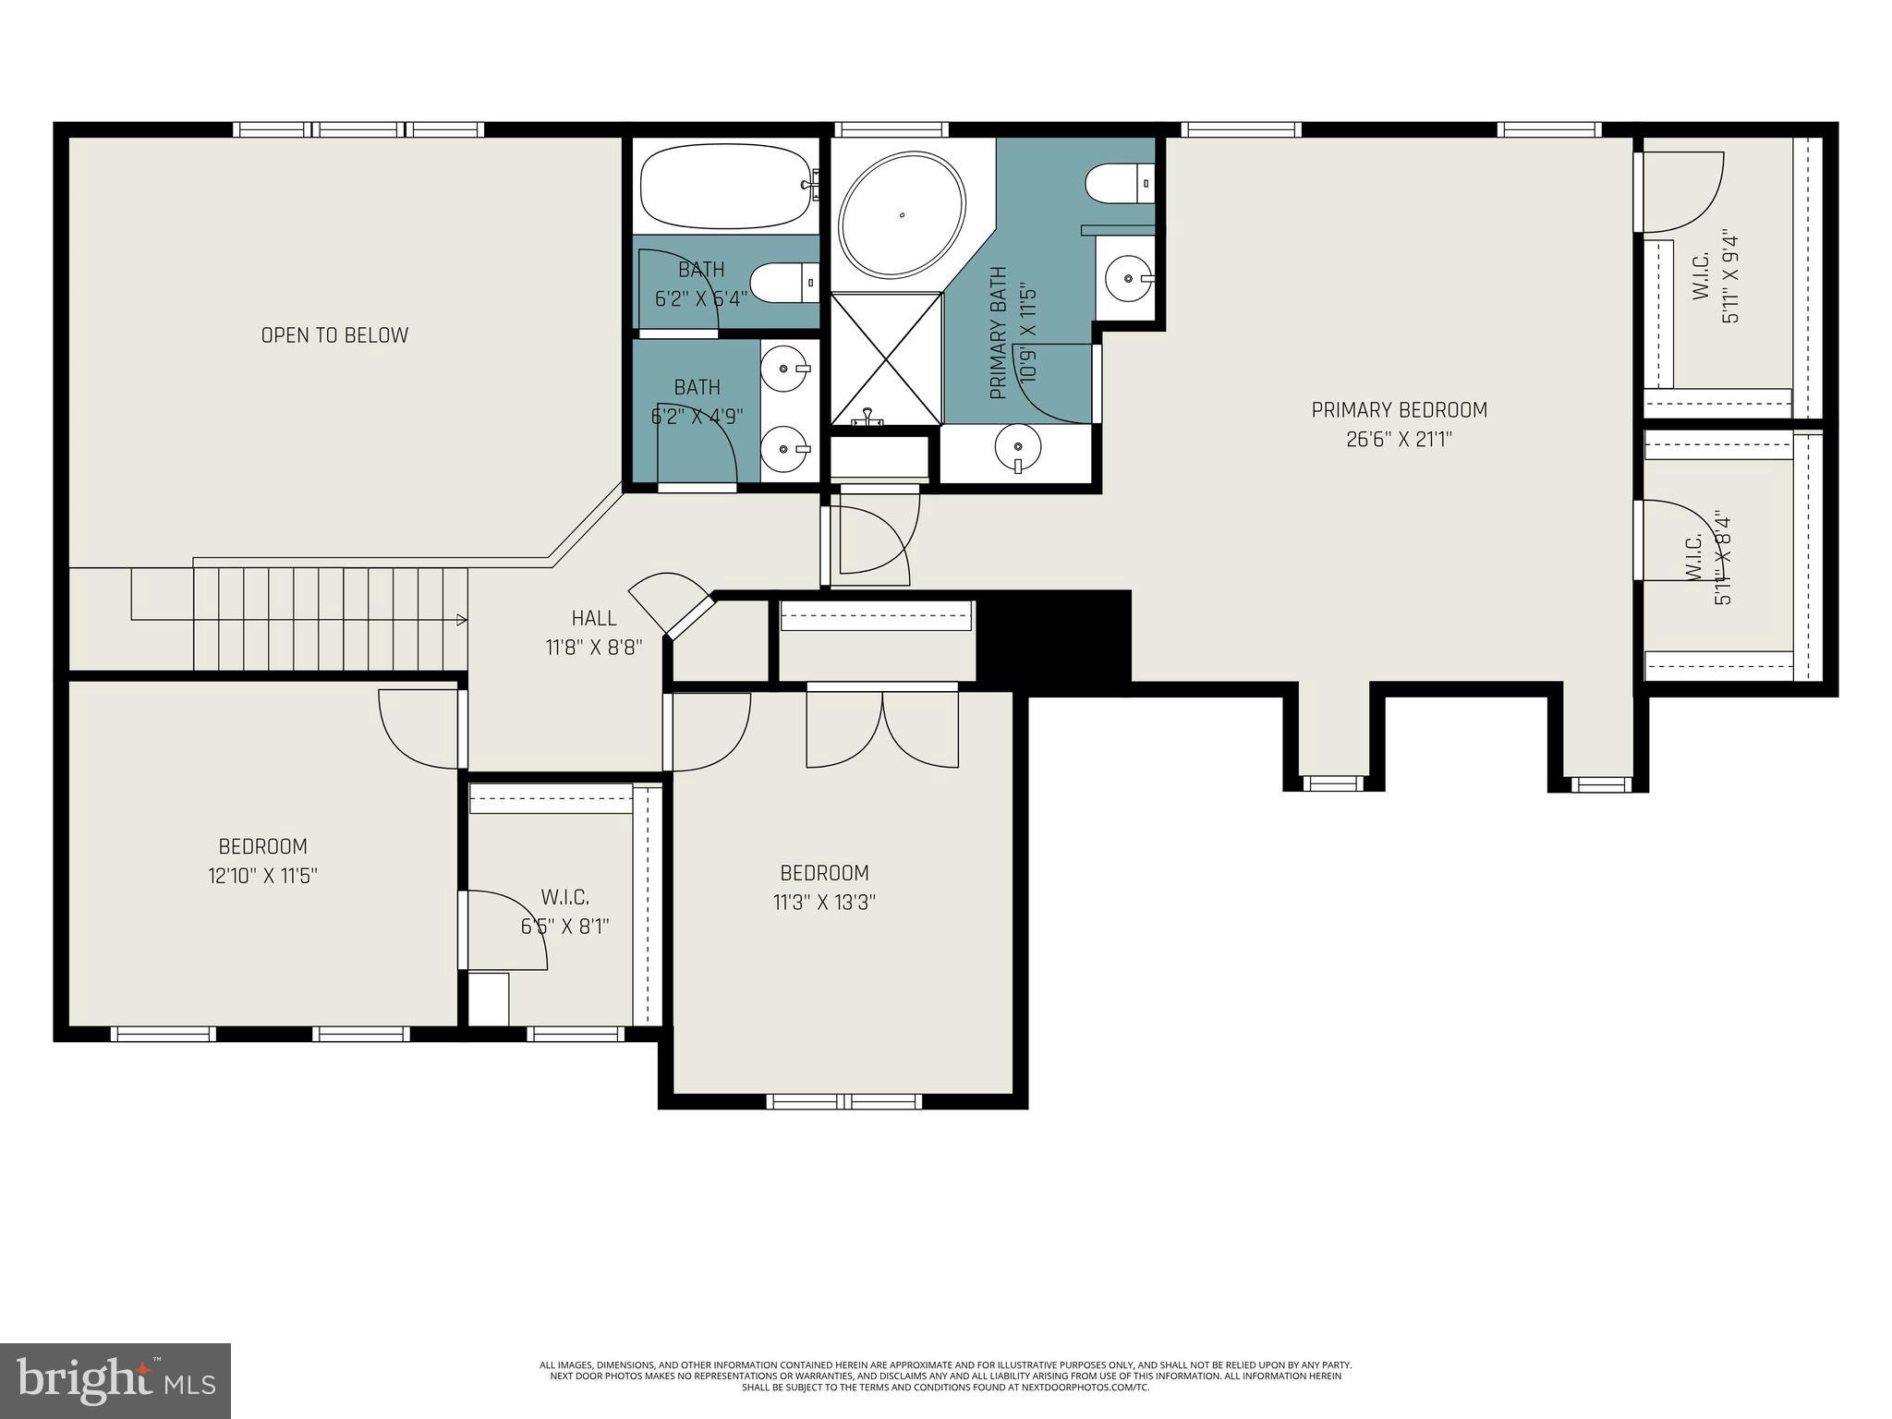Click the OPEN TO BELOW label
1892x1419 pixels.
pyautogui.click(x=334, y=335)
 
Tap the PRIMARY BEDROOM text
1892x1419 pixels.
pyautogui.click(x=1399, y=409)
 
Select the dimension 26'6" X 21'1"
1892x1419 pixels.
pyautogui.click(x=1399, y=440)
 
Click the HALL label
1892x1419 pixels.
pyautogui.click(x=593, y=618)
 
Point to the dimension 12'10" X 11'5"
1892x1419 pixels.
pyautogui.click(x=262, y=876)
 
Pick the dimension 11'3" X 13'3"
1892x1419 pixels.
pyautogui.click(x=824, y=903)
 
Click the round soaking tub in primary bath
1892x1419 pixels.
pyautogui.click(x=902, y=214)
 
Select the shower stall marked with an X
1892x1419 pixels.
pyautogui.click(x=886, y=358)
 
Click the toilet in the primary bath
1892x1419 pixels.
pyautogui.click(x=1118, y=183)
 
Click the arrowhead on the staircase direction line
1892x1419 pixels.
pyautogui.click(x=461, y=619)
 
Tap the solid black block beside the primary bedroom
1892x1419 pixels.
pyautogui.click(x=1054, y=636)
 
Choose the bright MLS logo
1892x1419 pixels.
pyautogui.click(x=115, y=1380)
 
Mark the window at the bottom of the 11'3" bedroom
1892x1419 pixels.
pyautogui.click(x=844, y=1101)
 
